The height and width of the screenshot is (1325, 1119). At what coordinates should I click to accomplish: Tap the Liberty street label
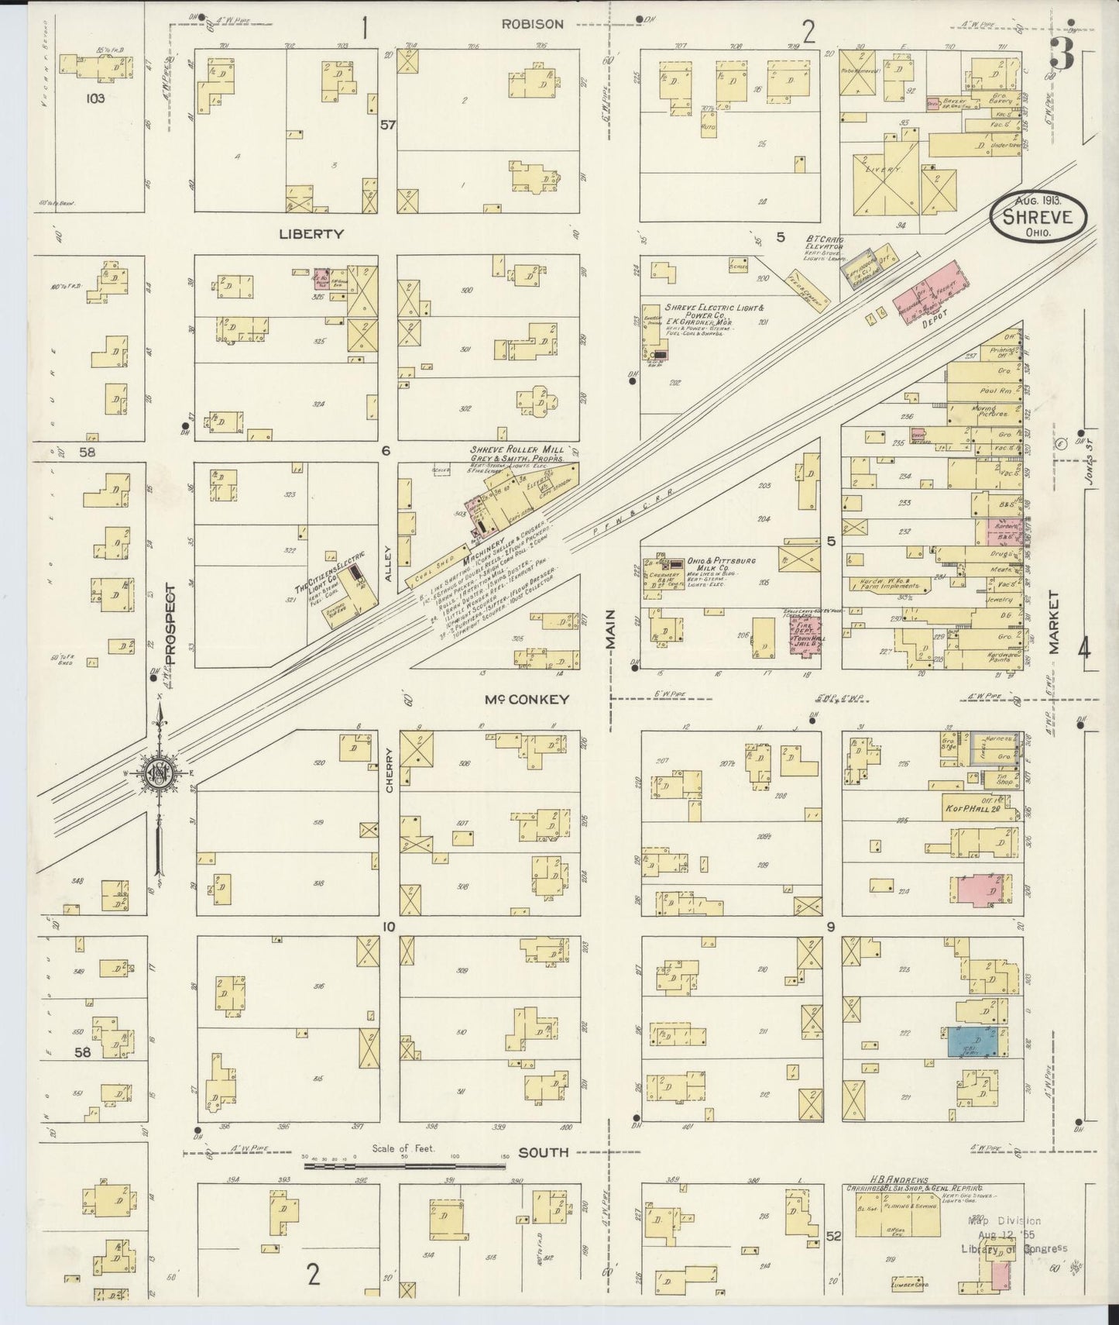312,233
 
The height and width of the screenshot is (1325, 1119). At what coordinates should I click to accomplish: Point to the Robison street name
532,24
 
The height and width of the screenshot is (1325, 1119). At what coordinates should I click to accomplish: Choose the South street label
543,1152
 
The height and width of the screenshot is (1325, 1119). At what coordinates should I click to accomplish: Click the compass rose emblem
160,774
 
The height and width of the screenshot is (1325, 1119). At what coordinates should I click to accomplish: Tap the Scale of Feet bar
403,1164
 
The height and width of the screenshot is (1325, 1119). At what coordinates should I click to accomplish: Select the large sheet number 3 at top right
1061,54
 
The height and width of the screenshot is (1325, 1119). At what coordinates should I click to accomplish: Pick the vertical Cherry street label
389,763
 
